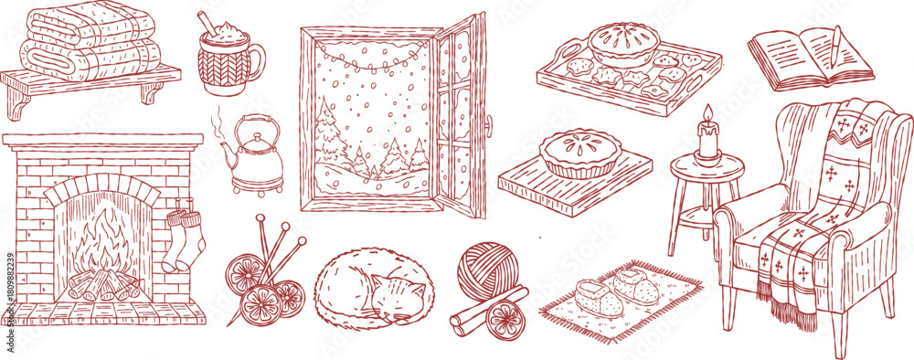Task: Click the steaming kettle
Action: pos(253,160)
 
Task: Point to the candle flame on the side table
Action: pos(706,113)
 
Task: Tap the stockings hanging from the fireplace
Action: pos(182,239)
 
